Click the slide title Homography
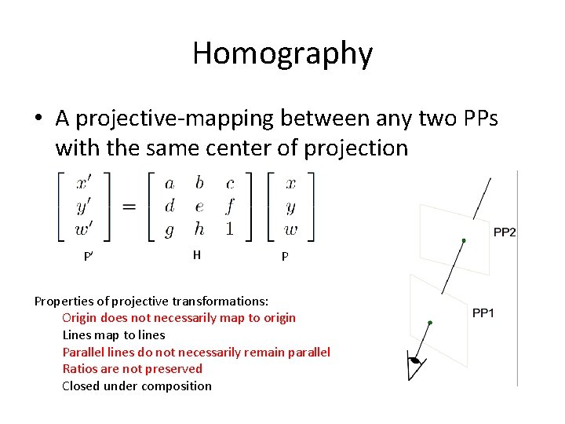click(282, 53)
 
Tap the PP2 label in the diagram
click(505, 232)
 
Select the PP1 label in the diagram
click(483, 313)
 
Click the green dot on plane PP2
click(464, 241)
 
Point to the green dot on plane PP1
click(430, 323)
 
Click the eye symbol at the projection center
click(416, 363)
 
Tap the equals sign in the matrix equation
click(129, 207)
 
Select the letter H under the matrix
click(197, 254)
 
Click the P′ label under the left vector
click(89, 257)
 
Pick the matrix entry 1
click(230, 229)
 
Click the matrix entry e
click(199, 207)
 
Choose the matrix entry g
click(169, 229)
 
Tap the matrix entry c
click(230, 184)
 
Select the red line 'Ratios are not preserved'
click(132, 369)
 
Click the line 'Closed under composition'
click(137, 386)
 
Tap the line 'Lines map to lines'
click(114, 335)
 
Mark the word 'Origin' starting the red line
click(79, 318)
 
